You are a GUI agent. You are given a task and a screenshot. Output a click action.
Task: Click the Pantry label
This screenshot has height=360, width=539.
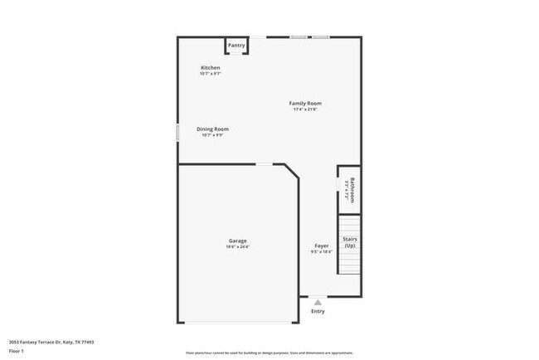[x=236, y=45]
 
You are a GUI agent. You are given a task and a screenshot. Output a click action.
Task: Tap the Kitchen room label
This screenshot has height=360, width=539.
[x=211, y=67]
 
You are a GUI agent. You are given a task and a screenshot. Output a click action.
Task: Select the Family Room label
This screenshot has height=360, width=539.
[x=305, y=104]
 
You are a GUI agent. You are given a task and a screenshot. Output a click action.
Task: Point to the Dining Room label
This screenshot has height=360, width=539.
[x=212, y=129]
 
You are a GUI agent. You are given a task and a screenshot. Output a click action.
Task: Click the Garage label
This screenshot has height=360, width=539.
[x=238, y=241]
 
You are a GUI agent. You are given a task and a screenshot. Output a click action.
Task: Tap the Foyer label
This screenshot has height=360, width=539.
[x=322, y=246]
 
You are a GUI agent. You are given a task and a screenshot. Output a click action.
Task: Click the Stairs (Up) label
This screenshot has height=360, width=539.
[x=350, y=242]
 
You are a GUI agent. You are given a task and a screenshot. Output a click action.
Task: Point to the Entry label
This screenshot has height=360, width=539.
[x=318, y=312]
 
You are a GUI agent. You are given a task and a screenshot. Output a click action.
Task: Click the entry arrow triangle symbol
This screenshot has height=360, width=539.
[x=318, y=303]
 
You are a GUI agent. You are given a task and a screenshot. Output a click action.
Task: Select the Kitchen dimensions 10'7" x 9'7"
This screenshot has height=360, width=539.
[x=211, y=74]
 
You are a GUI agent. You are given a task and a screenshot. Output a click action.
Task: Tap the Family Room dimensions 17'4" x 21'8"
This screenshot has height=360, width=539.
[x=305, y=109]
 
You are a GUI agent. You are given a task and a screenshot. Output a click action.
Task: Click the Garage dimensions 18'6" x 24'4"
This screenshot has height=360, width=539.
[x=238, y=247]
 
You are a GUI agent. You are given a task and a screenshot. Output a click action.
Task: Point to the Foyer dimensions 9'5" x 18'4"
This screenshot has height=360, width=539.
[x=322, y=252]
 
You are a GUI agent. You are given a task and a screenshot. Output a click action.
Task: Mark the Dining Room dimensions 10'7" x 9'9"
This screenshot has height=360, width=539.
[x=212, y=135]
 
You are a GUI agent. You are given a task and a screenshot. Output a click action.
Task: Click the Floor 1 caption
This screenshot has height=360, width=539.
[x=17, y=351]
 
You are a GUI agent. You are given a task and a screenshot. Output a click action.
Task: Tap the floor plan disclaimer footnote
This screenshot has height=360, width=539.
[x=269, y=353]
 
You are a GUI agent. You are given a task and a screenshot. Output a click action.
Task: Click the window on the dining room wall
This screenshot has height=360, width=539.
[x=177, y=133]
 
